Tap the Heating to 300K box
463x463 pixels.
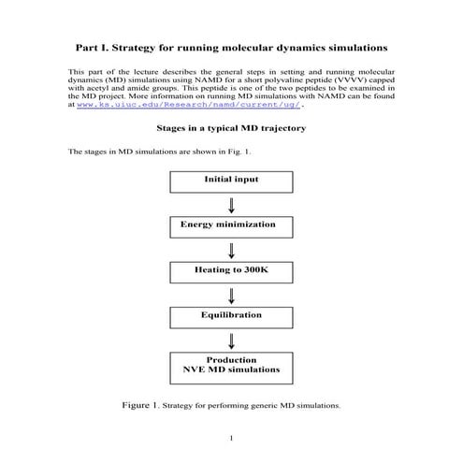coord(230,271)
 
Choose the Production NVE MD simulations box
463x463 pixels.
coord(230,365)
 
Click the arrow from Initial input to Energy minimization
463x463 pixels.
coord(230,205)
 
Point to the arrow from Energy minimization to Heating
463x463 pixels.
coord(230,249)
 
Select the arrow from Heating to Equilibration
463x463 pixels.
coord(230,294)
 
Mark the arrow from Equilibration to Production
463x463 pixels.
coord(230,339)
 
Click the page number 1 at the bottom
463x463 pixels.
coord(231,438)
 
